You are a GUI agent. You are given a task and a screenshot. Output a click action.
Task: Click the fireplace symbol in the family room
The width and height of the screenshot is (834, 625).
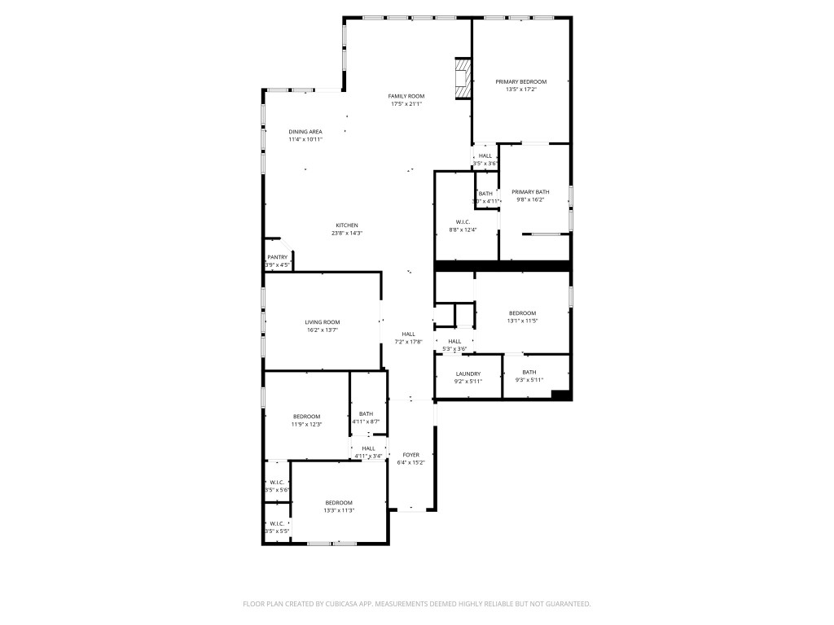point(463,78)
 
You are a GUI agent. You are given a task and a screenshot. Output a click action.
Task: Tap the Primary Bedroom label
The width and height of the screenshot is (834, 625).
point(521,81)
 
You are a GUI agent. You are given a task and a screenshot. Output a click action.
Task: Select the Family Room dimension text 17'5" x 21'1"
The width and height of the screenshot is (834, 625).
point(406,104)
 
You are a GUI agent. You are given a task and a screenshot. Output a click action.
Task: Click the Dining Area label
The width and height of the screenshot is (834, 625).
point(305,132)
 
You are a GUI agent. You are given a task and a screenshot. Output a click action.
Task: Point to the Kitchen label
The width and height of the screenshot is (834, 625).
point(347,225)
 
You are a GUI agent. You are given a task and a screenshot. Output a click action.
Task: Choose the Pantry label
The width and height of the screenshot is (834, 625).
point(277,258)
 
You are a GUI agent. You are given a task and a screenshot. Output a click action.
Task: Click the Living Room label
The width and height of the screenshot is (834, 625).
point(323,322)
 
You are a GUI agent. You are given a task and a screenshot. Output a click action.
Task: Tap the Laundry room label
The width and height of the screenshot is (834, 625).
point(467,374)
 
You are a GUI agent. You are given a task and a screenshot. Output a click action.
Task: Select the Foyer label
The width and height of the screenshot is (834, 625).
point(410,455)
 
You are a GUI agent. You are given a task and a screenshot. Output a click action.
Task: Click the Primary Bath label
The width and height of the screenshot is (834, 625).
point(530,192)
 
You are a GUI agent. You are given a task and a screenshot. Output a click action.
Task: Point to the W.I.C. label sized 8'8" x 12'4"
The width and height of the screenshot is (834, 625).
point(463,221)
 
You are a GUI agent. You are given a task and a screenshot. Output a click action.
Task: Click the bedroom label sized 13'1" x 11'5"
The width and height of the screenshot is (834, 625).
point(522,313)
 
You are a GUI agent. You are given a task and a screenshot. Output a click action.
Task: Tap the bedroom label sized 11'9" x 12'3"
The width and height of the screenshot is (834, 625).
point(307,417)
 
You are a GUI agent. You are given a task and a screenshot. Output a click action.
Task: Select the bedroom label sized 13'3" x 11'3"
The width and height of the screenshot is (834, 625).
point(339,502)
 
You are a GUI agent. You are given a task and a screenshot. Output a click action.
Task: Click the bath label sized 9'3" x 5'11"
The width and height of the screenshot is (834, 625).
point(529,372)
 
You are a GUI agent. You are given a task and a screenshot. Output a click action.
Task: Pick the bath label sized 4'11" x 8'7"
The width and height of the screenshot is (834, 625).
point(366,413)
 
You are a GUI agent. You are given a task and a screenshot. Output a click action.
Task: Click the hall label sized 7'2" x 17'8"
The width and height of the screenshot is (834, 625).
point(408,334)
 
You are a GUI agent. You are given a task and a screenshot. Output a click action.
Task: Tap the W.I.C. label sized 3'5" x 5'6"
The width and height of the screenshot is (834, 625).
point(276,482)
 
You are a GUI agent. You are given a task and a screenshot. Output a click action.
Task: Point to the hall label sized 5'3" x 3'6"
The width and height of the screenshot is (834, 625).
point(454,341)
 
